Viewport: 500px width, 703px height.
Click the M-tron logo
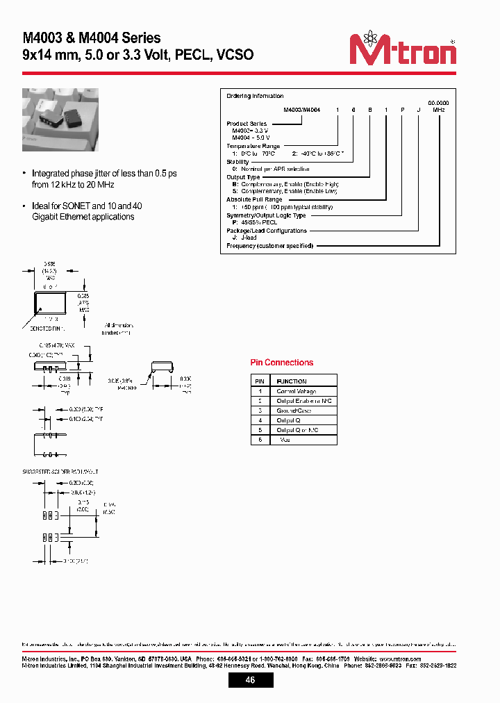(x=403, y=50)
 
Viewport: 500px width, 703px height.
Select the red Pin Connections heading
(x=281, y=363)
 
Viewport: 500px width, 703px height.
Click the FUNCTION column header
(x=292, y=381)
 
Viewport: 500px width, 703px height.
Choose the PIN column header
(x=259, y=381)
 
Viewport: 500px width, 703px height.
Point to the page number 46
(x=250, y=680)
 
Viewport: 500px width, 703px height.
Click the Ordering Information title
(x=255, y=97)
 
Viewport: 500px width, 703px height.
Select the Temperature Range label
(x=253, y=146)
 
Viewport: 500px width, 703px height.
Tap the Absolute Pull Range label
(x=255, y=200)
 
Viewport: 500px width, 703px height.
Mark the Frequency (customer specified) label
(x=270, y=246)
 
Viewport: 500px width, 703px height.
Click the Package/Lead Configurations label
(x=267, y=231)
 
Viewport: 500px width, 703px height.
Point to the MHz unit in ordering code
(x=439, y=110)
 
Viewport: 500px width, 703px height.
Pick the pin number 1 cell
(x=259, y=391)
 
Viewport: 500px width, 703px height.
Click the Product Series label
(x=247, y=124)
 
